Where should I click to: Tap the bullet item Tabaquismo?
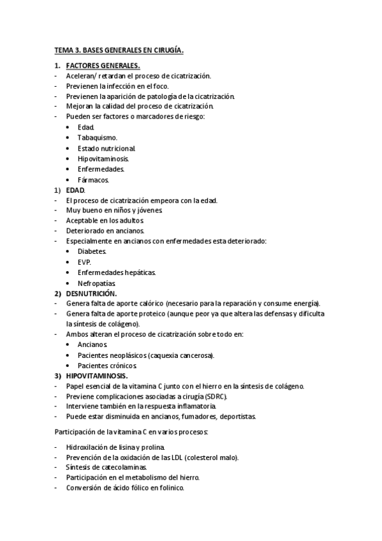click(x=97, y=138)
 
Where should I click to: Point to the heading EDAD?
click(x=75, y=190)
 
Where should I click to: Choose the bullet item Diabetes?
click(x=92, y=251)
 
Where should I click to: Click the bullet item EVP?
click(x=84, y=262)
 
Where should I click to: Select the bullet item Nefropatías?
click(x=97, y=283)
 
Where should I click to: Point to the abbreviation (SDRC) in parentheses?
click(x=215, y=396)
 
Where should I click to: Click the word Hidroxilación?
click(x=87, y=447)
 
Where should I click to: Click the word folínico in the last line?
click(x=170, y=488)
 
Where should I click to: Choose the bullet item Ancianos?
click(x=92, y=345)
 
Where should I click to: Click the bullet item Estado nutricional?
click(x=107, y=148)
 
